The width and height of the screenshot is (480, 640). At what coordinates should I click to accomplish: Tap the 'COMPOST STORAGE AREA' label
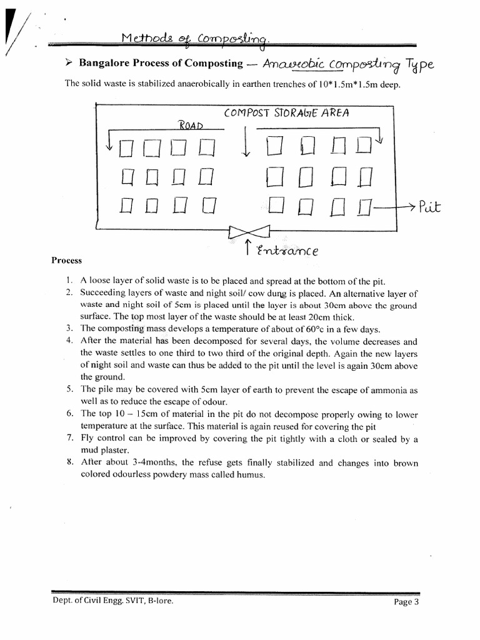click(x=287, y=113)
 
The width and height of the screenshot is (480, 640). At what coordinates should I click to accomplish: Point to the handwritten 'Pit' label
click(x=430, y=206)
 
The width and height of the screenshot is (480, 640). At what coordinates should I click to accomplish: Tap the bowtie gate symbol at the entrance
click(x=249, y=232)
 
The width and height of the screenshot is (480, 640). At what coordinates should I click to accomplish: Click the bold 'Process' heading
click(x=66, y=261)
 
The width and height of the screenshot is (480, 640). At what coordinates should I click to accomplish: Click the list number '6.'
click(x=70, y=414)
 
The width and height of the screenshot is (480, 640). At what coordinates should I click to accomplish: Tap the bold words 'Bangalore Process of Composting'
click(x=161, y=64)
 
